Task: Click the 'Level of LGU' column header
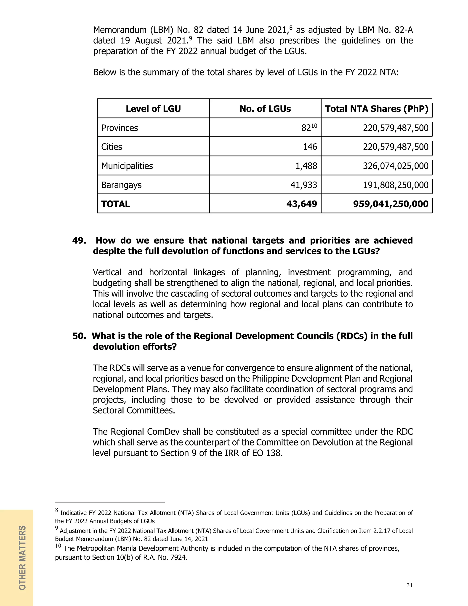[153, 108]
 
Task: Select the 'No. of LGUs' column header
[265, 108]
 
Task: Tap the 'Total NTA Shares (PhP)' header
[377, 108]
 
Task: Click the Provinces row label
[120, 128]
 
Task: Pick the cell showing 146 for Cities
[310, 147]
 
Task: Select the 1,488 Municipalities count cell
[306, 166]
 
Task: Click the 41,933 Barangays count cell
[304, 185]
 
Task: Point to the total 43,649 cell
[302, 204]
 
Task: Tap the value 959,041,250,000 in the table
[391, 204]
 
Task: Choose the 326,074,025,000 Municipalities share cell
[396, 166]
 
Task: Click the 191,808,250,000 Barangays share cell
[396, 185]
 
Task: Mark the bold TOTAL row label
[115, 204]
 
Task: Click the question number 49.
[79, 240]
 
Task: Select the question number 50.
[79, 336]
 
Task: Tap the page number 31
[409, 585]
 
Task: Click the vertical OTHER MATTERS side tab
[22, 558]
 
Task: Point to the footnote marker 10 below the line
[58, 546]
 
